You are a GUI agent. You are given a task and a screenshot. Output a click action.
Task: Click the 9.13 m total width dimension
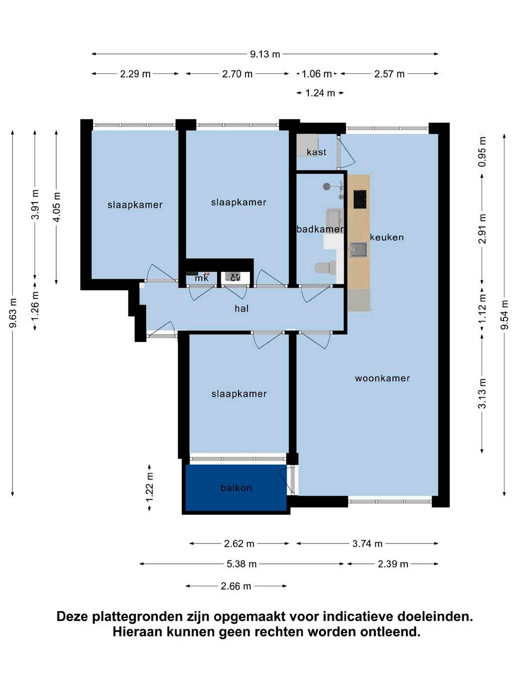[264, 54]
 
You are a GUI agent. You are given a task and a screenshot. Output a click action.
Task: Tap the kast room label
[316, 152]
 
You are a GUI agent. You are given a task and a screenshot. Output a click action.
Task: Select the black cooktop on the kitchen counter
[360, 199]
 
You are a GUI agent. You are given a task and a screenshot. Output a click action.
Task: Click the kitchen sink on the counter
[359, 250]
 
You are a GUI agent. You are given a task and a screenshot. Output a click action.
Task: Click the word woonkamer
[383, 378]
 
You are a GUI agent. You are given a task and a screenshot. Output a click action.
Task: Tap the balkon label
[236, 488]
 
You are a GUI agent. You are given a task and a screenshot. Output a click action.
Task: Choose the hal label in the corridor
[242, 309]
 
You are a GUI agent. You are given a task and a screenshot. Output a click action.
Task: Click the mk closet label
[202, 278]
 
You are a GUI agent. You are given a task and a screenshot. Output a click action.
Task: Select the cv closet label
[236, 278]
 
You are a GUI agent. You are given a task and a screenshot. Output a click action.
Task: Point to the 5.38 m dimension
[242, 564]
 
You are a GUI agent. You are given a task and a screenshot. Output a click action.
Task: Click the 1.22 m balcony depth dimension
[150, 487]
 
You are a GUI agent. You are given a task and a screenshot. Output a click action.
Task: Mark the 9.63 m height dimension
[12, 313]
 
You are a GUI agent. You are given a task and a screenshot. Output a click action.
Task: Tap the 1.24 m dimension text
[320, 93]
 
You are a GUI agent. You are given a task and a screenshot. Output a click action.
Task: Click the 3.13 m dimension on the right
[482, 393]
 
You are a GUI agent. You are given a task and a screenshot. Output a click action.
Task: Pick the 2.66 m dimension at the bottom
[236, 586]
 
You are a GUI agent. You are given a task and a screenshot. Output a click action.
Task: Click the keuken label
[387, 237]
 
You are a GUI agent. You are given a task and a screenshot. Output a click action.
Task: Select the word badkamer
[320, 229]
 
